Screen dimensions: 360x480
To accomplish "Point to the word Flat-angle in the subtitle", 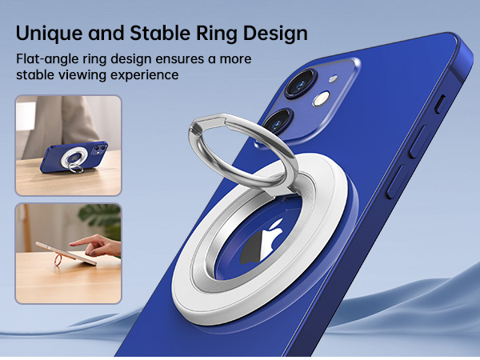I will coord(51,59).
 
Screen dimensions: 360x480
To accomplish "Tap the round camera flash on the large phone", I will coord(322,99).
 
